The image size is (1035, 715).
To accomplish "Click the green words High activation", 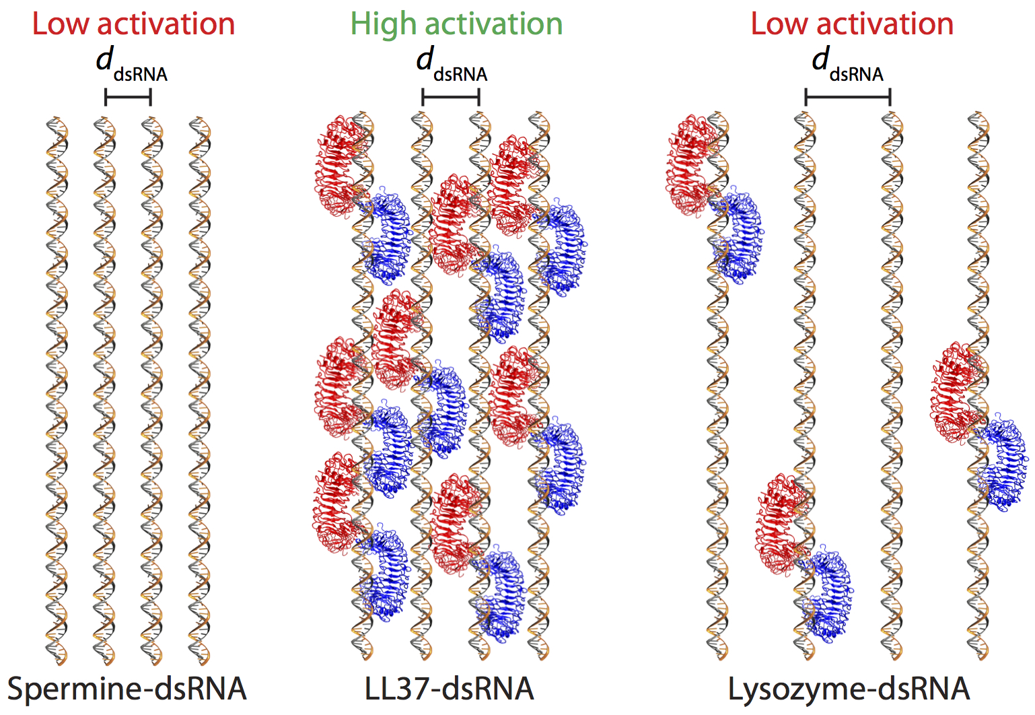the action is pos(456,25).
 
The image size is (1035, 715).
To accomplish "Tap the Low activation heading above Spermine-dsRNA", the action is pos(133,24).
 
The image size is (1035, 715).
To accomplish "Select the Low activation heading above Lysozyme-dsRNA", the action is pos(853,24).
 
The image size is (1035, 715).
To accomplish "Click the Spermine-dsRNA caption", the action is pos(127,689).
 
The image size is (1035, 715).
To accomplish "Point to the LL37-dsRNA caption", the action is pos(449,689).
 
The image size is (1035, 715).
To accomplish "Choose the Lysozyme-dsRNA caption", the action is pos(849,689).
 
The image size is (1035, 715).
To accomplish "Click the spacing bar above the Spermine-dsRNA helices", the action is pos(128,97).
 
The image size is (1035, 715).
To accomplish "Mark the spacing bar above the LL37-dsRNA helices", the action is pos(450,97).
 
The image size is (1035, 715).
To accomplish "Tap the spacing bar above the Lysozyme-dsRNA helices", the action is pos(848,97).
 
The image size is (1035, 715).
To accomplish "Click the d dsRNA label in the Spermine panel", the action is pos(132,65).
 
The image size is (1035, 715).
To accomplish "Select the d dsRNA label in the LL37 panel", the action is pos(452,65).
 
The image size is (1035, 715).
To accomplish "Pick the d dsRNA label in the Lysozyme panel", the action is pos(847,65).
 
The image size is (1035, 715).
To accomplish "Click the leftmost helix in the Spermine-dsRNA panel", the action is pos(57,390).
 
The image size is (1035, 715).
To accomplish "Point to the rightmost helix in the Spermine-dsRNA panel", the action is pos(200,390).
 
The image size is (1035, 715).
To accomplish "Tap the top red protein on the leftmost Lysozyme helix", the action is pos(688,166).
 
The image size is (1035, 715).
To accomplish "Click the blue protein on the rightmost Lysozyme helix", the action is pos(1002,462).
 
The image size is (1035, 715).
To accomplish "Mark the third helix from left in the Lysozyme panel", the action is pos(892,386).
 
